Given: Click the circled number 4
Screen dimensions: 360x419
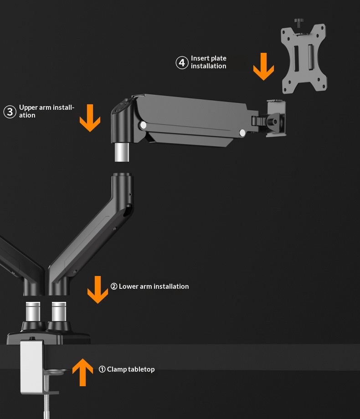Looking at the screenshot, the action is coord(182,62).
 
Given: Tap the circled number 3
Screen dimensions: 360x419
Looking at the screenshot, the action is coord(10,112).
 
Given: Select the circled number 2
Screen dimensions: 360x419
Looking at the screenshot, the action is coord(114,286).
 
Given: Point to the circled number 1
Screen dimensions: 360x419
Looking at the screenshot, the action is coord(102,369).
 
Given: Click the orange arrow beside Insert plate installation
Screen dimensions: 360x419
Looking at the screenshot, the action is coord(263,66).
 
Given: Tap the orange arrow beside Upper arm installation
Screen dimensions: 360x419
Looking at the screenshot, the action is coord(90,118).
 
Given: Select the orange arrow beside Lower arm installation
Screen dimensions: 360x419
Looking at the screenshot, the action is coord(98,290).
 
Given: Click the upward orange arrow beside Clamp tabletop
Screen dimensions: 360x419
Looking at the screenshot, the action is coord(82,372).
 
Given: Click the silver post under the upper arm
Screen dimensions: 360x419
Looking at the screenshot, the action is coord(122,152).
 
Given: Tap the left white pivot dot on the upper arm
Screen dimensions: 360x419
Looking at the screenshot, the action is coord(144,125).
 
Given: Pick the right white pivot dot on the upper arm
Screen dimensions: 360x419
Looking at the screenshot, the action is coord(242,133).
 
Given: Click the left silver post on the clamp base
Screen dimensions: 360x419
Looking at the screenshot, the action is coord(33,312).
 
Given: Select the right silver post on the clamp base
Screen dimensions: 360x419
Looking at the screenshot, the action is coord(59,312).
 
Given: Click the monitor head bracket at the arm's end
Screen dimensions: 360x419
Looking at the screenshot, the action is coord(276,118).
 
